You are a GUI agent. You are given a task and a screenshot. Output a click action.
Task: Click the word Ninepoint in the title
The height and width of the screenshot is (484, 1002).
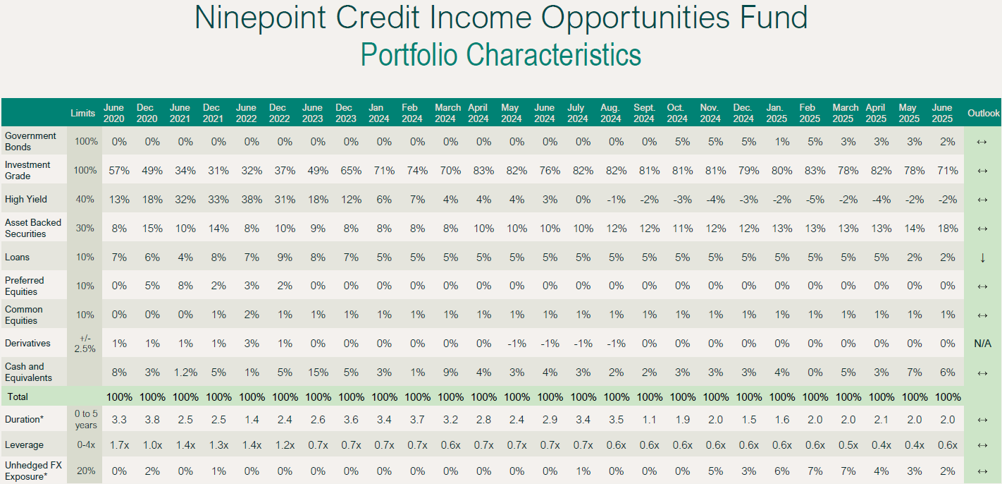(260, 18)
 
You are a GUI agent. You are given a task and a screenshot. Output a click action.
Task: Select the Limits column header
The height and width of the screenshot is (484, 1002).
(82, 113)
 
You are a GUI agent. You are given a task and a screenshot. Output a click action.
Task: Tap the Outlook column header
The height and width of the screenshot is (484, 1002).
(983, 113)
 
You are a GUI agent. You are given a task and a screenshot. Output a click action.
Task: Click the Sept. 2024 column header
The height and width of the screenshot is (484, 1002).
(644, 113)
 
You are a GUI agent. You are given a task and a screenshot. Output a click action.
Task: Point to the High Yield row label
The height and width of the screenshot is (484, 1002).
(26, 199)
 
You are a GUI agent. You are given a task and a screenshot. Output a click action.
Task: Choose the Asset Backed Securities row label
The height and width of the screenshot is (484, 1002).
(33, 228)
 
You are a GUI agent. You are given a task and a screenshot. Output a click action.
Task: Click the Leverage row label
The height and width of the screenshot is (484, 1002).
(24, 445)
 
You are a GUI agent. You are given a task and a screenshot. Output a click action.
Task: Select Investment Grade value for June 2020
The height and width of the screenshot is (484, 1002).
(119, 171)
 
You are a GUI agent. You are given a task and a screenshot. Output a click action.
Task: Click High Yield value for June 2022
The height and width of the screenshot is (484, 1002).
(252, 200)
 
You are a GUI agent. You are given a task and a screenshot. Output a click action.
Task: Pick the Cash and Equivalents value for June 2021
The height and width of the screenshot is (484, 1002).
(185, 373)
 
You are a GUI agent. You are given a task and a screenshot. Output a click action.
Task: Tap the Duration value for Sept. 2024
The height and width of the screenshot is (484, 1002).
(649, 420)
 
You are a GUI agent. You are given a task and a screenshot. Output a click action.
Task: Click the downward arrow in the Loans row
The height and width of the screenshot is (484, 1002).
(982, 258)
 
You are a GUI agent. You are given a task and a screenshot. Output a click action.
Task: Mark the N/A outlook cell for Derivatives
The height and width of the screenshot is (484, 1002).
(982, 344)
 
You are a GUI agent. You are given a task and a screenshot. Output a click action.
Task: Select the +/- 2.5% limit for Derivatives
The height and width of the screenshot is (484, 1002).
(85, 344)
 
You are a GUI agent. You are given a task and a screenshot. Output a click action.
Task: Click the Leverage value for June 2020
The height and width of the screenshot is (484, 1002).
(119, 445)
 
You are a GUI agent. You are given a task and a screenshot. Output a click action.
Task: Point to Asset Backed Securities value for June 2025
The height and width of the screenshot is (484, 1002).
(948, 229)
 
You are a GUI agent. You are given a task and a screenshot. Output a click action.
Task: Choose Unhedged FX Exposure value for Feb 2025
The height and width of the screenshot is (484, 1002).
(815, 471)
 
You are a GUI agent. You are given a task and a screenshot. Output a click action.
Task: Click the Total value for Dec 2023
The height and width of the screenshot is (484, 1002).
(351, 397)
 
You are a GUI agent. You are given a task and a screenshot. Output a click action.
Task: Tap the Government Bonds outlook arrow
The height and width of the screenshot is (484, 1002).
(982, 142)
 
